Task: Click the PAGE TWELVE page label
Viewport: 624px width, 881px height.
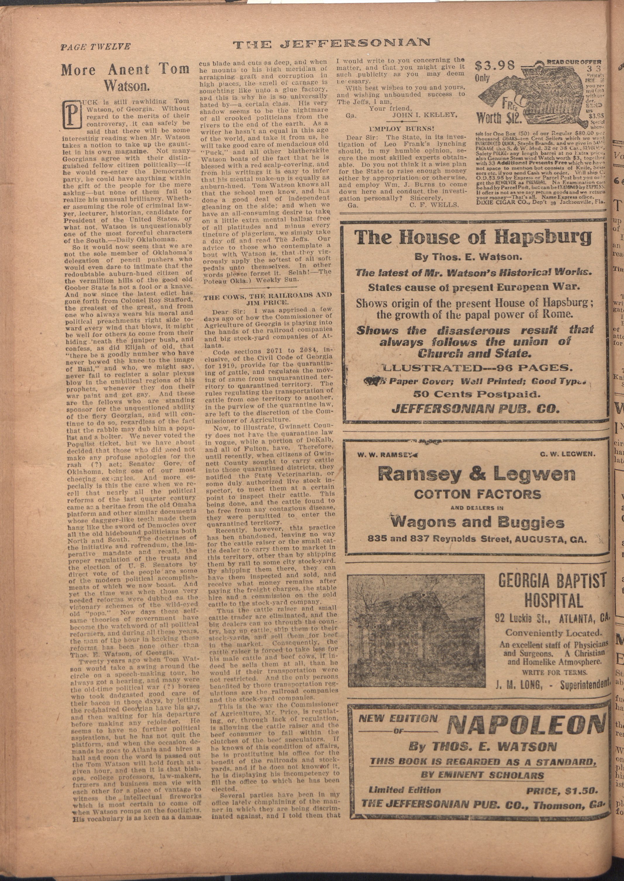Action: (x=95, y=47)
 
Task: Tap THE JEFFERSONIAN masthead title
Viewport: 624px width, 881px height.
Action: (x=332, y=43)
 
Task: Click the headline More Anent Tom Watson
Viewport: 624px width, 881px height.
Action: (x=125, y=76)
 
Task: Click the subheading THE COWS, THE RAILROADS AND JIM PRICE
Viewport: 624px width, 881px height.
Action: (x=268, y=298)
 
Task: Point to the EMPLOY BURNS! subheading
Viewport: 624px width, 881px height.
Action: (x=401, y=129)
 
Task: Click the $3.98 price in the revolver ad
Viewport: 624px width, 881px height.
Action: (x=495, y=66)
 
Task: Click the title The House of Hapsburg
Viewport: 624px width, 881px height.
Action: (x=473, y=238)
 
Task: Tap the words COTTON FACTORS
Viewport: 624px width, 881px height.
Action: (x=477, y=494)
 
